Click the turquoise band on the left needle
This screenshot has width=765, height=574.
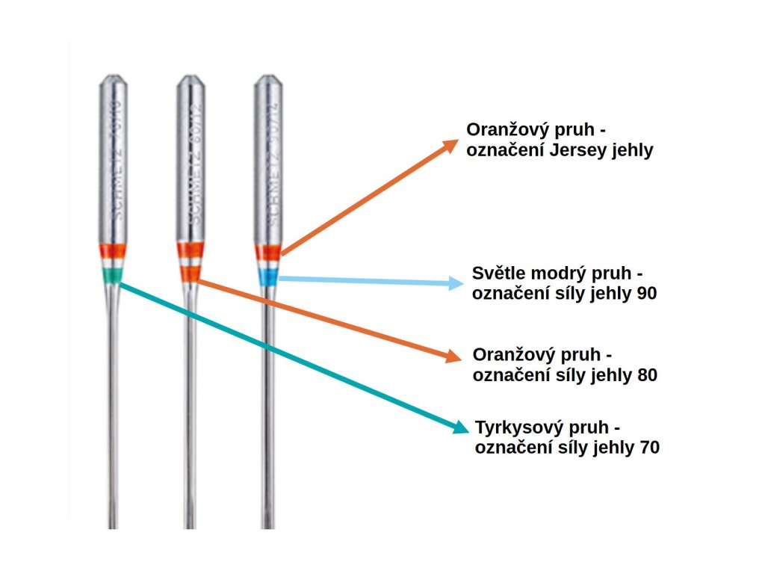point(111,276)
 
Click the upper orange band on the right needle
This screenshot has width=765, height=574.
point(267,252)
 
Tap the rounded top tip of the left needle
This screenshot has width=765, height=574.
point(112,76)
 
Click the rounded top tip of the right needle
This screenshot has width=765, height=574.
point(267,76)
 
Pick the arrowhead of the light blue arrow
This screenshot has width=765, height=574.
point(456,283)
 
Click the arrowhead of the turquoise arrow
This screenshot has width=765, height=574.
point(460,428)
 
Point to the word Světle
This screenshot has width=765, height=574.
point(500,273)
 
